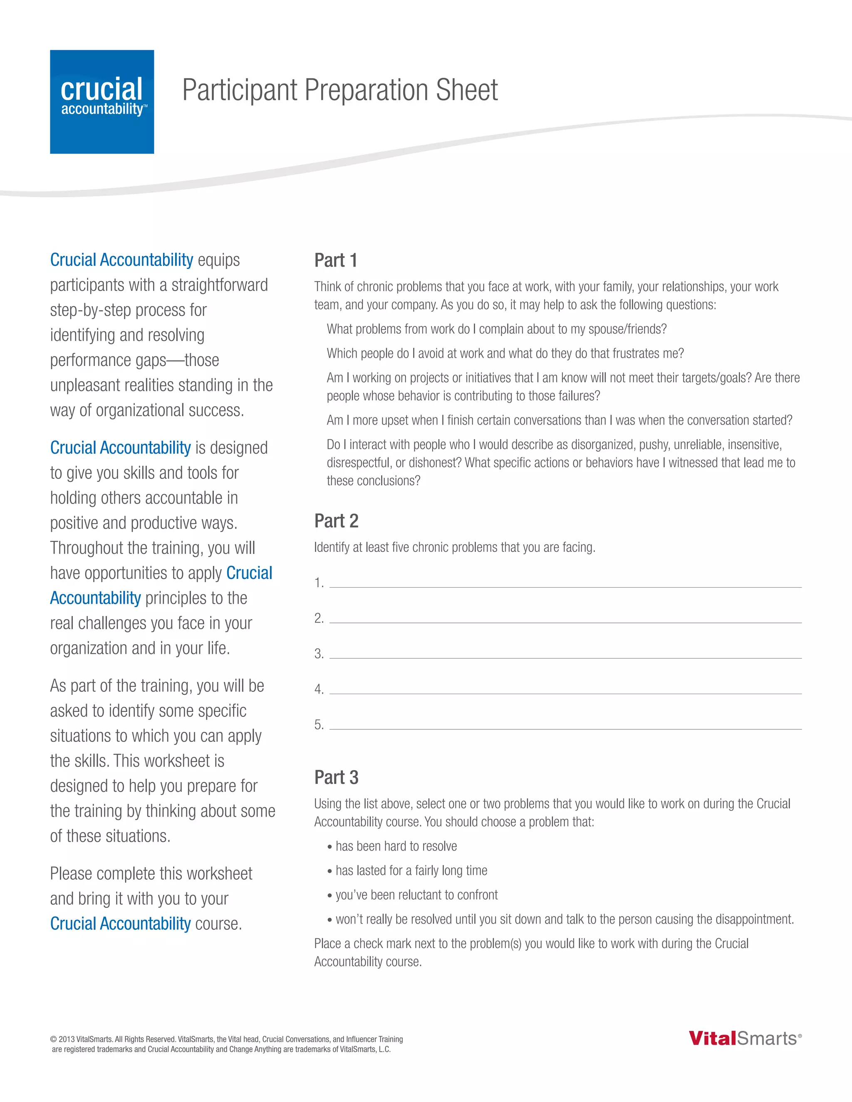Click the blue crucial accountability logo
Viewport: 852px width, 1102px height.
click(x=102, y=101)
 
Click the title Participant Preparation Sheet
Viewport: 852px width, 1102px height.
click(x=340, y=90)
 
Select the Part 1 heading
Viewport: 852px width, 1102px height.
click(x=336, y=260)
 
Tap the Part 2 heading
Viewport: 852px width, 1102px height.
click(x=336, y=521)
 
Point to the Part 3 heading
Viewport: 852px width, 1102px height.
click(x=336, y=777)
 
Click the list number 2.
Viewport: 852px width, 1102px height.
click(x=319, y=618)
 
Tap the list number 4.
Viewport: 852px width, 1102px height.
click(x=319, y=689)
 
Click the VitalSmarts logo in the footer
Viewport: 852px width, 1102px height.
click(x=745, y=1038)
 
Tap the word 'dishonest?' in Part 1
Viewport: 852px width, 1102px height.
click(x=435, y=463)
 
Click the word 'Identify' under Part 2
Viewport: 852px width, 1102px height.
click(x=332, y=548)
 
